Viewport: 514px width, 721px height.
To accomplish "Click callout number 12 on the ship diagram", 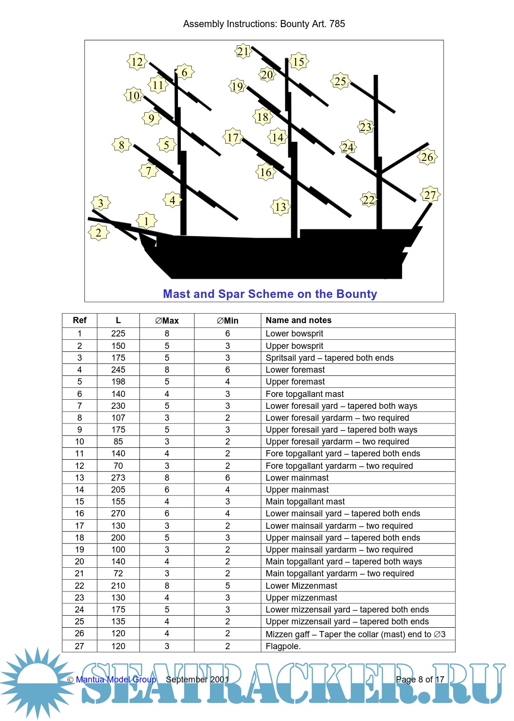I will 137,61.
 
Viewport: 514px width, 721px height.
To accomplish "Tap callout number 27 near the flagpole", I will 430,195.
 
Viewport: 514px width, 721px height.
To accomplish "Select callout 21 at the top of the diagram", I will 243,51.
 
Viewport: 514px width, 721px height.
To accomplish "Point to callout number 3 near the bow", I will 100,203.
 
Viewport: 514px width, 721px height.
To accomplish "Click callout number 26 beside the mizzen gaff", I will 427,157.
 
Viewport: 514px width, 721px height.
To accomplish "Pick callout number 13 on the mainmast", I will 281,207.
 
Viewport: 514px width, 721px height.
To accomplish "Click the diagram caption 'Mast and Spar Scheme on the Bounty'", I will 270,294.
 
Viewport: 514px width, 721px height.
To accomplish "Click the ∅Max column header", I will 167,321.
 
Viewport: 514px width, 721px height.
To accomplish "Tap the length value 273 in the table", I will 118,478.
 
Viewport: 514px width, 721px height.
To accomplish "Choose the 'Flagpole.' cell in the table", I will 283,646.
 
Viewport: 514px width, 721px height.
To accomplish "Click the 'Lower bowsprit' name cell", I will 294,334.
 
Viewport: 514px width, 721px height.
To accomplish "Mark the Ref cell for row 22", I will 79,586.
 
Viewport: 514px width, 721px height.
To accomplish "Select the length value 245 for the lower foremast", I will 118,370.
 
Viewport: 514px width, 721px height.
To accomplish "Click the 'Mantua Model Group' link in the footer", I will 116,680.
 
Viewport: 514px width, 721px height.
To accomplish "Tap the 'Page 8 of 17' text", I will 420,680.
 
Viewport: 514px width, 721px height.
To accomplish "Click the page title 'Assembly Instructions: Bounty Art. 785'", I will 264,24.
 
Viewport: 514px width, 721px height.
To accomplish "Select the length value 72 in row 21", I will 118,573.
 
